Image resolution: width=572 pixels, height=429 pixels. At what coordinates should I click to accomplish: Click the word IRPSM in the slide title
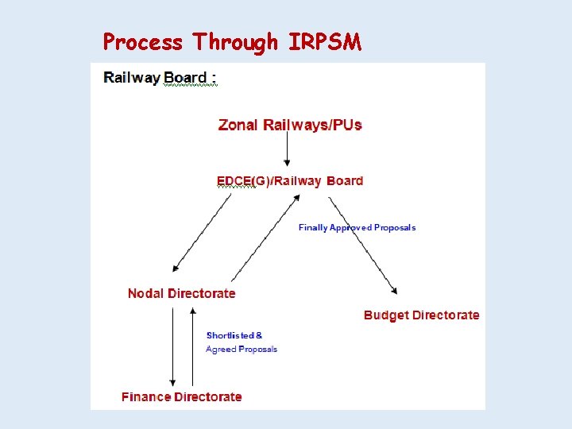click(x=326, y=41)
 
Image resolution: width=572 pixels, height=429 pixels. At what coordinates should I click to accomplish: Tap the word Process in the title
click(x=143, y=41)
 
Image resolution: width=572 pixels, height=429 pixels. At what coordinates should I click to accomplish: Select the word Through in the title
click(x=235, y=41)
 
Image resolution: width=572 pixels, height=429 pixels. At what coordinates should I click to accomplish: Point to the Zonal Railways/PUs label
click(x=290, y=125)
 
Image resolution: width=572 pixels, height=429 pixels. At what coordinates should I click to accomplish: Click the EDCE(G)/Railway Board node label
click(x=290, y=181)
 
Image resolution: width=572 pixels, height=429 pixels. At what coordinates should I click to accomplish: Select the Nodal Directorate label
click(x=182, y=293)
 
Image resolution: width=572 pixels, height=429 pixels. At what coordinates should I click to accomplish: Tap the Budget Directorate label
click(x=422, y=315)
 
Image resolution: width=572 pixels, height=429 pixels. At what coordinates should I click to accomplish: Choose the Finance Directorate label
click(x=182, y=396)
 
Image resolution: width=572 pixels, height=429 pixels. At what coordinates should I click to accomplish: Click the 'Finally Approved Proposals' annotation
click(x=357, y=227)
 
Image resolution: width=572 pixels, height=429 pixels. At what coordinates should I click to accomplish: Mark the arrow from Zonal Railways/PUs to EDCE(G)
click(x=288, y=151)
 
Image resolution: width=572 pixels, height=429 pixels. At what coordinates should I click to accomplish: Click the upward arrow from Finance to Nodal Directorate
click(x=192, y=346)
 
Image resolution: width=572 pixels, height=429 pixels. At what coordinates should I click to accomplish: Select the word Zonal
click(x=236, y=125)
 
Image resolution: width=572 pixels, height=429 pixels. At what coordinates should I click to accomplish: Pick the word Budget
click(x=385, y=315)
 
